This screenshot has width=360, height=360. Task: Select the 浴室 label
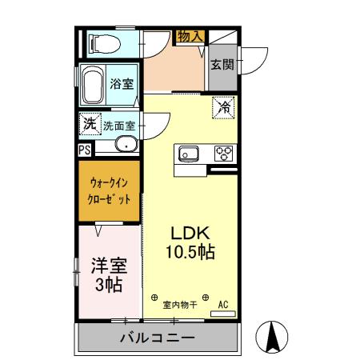pyautogui.click(x=122, y=83)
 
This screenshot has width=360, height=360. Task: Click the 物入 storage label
pyautogui.click(x=190, y=36)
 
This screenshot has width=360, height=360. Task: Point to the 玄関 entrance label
pyautogui.click(x=222, y=65)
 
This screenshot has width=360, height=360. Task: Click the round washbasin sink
pyautogui.click(x=126, y=145)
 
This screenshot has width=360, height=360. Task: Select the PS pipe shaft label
pyautogui.click(x=84, y=148)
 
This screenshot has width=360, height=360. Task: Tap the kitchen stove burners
pyautogui.click(x=222, y=153)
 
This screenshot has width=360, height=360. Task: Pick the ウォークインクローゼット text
pyautogui.click(x=108, y=194)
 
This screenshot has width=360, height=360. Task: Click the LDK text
pyautogui.click(x=190, y=233)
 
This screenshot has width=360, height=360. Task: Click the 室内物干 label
pyautogui.click(x=180, y=305)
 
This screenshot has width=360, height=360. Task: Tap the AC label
pyautogui.click(x=224, y=304)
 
